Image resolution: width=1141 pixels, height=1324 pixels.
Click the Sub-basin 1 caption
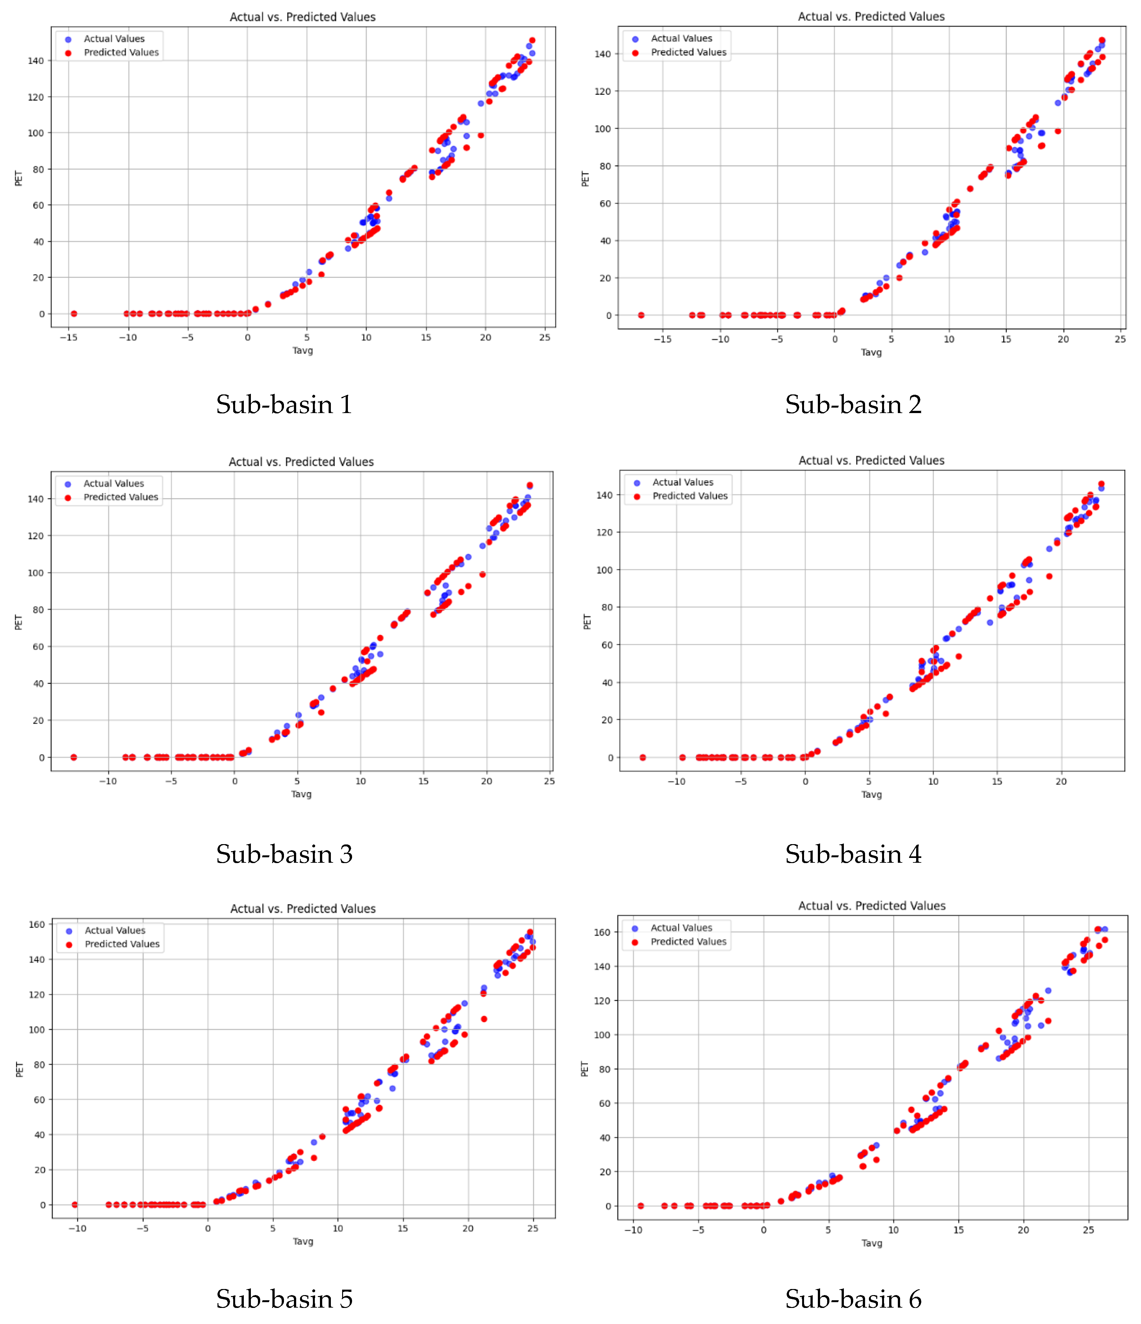pos(284,404)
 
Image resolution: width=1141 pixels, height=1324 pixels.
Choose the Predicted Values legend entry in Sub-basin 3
pos(121,497)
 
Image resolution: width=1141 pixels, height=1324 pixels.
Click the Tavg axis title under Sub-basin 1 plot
pos(302,350)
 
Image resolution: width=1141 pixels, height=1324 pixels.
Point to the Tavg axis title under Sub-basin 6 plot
pos(871,1243)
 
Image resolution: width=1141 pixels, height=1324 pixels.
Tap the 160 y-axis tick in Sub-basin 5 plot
pos(37,924)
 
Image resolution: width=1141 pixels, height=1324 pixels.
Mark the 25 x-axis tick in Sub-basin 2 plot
pos(1120,339)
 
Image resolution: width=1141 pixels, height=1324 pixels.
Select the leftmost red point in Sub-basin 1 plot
pos(74,314)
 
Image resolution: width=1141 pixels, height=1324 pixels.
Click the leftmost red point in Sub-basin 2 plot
pos(641,315)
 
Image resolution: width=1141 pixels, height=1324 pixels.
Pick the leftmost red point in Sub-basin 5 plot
pos(75,1205)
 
